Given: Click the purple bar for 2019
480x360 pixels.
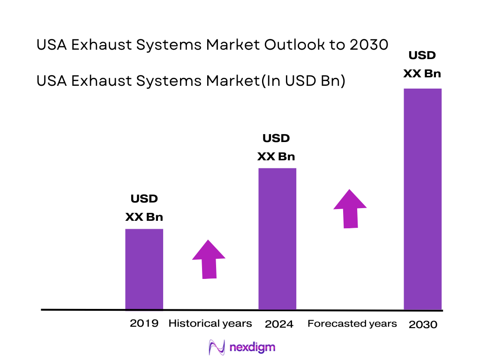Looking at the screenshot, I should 144,269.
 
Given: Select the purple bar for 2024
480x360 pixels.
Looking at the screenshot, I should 277,239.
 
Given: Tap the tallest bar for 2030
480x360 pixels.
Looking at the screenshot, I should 423,199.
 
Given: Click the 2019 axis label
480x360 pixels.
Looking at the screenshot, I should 144,323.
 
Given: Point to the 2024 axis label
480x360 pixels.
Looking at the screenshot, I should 279,324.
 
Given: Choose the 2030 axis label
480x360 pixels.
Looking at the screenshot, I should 423,324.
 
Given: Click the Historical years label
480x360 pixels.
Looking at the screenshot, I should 210,323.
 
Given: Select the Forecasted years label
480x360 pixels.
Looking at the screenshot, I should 352,323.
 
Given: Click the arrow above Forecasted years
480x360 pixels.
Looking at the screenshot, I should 350,209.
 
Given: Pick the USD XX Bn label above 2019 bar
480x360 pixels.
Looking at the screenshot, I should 144,208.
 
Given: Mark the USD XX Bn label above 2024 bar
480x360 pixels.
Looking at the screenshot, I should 276,147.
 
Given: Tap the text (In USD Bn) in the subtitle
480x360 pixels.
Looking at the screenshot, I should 302,81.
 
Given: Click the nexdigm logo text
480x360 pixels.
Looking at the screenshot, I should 253,347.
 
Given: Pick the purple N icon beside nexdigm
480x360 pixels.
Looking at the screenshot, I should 217,347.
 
